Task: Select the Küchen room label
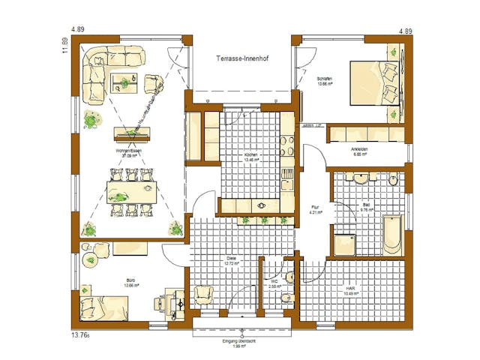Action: pos(250,157)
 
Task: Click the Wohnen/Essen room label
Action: pos(128,153)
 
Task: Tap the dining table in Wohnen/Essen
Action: pos(130,189)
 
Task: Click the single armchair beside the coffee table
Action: pos(153,82)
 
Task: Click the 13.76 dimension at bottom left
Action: pos(80,334)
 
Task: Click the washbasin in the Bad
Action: pos(362,179)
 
